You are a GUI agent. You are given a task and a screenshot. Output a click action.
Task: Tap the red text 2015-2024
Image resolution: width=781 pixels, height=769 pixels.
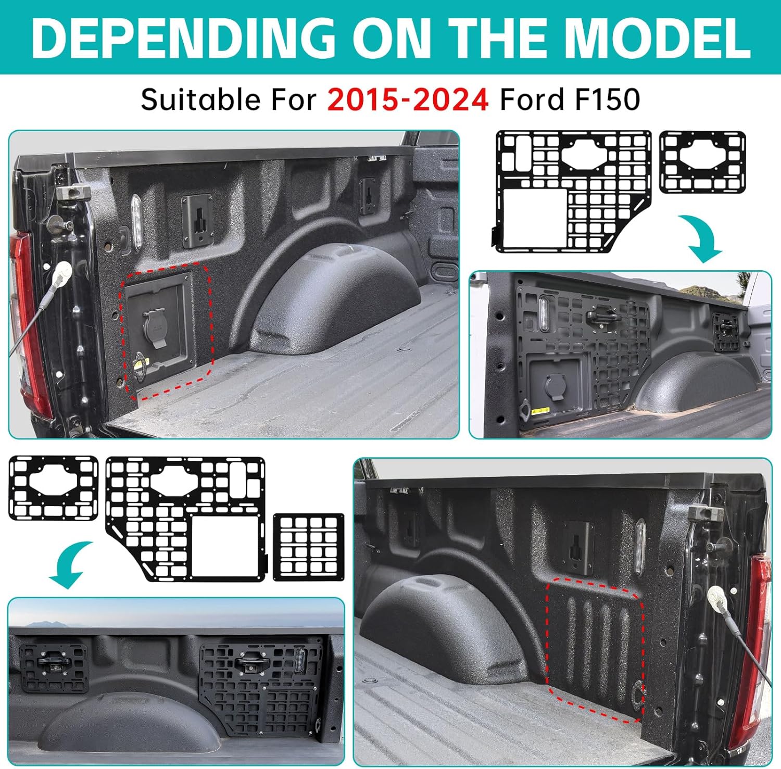pos(408,99)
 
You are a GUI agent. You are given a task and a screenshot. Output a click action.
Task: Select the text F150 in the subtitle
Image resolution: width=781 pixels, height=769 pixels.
pos(607,99)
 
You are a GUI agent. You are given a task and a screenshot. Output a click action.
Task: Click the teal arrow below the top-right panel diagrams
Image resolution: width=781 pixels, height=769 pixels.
pos(705,237)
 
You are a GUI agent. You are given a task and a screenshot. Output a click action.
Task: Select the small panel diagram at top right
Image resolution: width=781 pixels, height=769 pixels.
pos(702,162)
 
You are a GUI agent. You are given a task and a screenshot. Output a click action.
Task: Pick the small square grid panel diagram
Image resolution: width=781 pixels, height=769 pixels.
pos(308,547)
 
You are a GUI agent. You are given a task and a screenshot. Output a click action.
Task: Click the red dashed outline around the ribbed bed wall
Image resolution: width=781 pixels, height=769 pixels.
pos(595,651)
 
